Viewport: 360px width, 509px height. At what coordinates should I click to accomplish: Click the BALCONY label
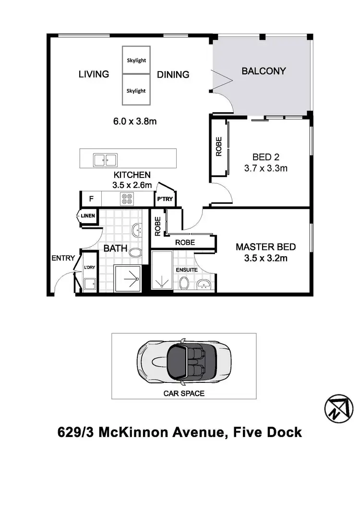264,71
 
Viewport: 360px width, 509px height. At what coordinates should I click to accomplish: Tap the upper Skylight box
136,60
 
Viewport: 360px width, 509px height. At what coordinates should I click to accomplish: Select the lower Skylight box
136,90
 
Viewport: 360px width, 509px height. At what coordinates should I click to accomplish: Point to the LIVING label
94,74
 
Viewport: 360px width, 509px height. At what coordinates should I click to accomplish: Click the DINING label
173,74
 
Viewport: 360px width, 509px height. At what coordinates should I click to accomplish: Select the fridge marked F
91,199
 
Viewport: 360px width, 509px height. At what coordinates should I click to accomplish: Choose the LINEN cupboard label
88,216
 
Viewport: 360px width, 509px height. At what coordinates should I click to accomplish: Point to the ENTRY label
63,258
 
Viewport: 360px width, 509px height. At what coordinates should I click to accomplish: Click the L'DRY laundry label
90,267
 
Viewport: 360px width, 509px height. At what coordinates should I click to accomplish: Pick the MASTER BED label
265,247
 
